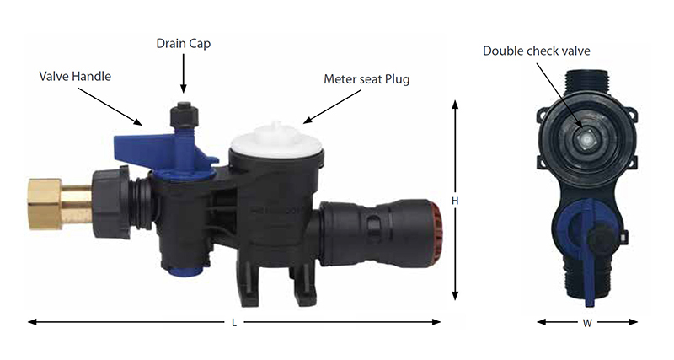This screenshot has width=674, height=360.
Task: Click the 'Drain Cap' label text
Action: point(183,44)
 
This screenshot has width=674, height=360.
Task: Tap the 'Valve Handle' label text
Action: point(75,77)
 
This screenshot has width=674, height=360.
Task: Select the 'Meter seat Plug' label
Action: point(366,79)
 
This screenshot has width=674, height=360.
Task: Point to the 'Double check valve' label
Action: point(537,51)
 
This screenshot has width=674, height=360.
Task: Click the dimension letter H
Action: point(455,201)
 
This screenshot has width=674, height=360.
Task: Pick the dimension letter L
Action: point(234,323)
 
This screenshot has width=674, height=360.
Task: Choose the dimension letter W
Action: point(587,323)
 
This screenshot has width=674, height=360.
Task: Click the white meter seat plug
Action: point(276,141)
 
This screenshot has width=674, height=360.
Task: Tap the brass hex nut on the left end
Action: point(45,203)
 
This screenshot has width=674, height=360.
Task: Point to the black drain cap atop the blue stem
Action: point(184,114)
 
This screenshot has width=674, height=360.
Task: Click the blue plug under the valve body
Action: point(185,271)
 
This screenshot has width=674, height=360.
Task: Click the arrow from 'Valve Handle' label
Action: point(110,107)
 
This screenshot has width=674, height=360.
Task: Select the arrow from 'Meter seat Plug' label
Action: point(332,107)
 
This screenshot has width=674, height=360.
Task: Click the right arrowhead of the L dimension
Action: point(436,322)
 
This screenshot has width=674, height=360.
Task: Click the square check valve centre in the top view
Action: point(584,137)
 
